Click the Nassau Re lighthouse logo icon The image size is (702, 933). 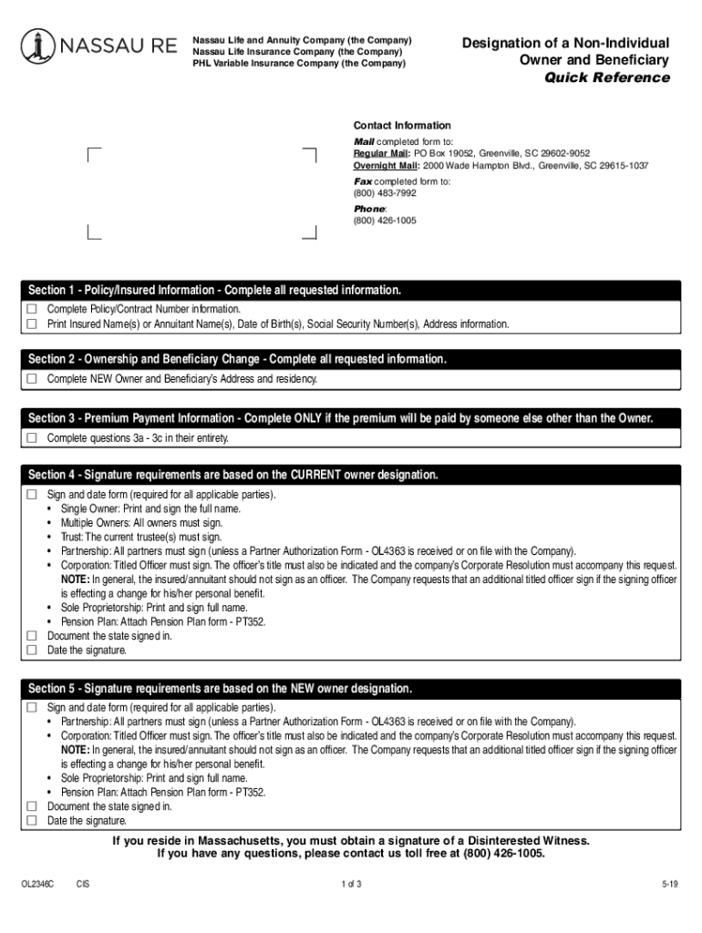tap(37, 46)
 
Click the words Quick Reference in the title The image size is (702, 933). tap(606, 77)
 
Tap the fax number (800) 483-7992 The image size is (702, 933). tap(385, 193)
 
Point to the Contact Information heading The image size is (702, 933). tap(402, 126)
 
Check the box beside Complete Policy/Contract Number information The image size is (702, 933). tap(32, 309)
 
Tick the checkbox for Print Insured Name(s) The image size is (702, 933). tap(32, 323)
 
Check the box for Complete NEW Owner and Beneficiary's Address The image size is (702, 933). tap(32, 378)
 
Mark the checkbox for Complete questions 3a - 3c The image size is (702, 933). tap(32, 438)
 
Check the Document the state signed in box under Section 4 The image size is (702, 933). tap(32, 636)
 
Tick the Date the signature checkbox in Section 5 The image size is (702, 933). tap(32, 821)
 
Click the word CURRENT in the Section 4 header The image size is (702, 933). tap(322, 475)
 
